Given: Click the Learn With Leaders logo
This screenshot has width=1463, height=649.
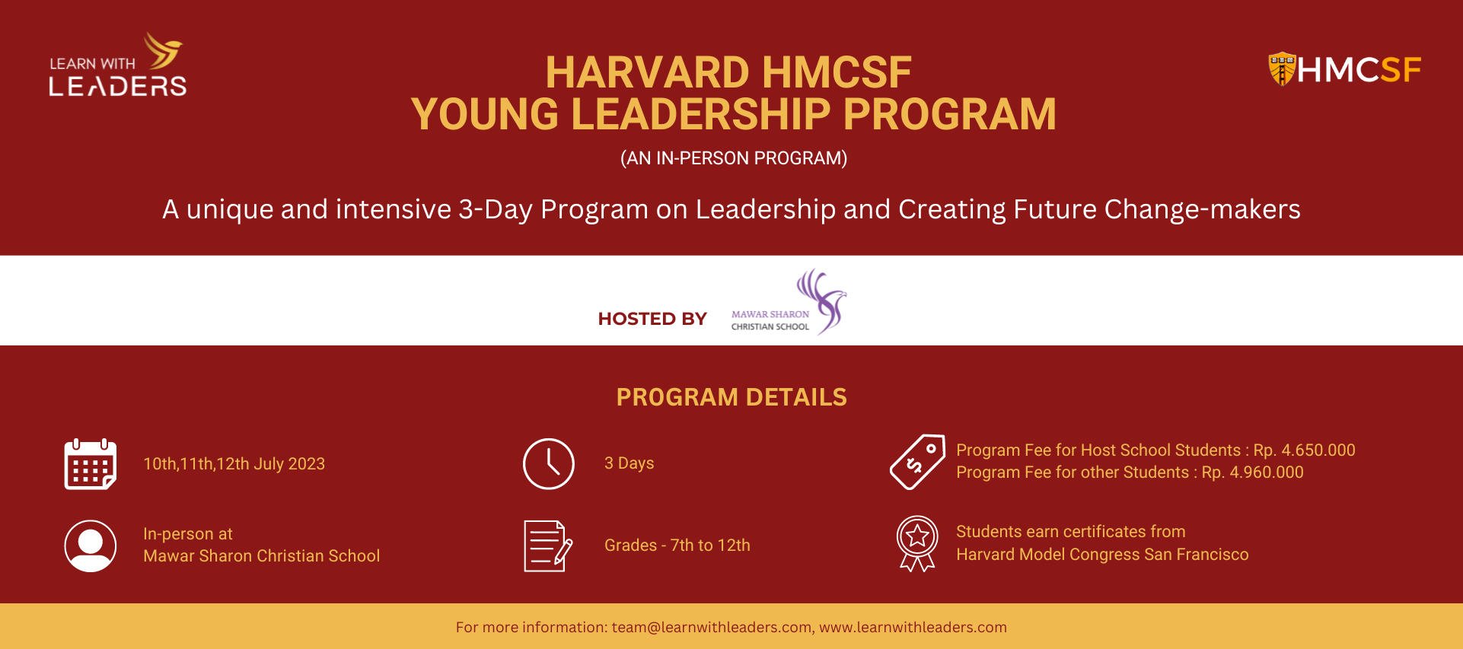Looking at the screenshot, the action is point(118,65).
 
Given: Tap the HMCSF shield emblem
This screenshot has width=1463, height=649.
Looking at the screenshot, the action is point(1282,69).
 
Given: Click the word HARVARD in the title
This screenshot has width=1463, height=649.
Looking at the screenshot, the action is point(648,72).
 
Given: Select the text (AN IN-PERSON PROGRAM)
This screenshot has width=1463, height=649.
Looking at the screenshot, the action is point(734,158).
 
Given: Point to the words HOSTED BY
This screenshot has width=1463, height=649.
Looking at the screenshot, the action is point(652,319).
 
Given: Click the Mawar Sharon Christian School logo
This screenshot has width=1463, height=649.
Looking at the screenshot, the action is point(789,302).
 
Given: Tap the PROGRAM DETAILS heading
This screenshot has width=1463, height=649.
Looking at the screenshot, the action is point(731,397).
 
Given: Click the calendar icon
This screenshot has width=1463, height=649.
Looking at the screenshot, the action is point(91,464).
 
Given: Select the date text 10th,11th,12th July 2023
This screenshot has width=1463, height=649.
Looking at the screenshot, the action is point(234,464).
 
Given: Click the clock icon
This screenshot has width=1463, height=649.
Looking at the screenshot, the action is point(549,464).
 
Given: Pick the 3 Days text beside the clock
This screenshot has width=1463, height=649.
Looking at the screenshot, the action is point(630,463).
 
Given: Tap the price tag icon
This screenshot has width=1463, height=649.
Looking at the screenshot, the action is point(918,462).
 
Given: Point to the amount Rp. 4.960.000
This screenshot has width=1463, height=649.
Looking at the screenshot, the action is point(1253,472).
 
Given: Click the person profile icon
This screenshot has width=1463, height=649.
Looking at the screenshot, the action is point(91,546).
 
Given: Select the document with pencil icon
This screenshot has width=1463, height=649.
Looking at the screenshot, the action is point(548,546).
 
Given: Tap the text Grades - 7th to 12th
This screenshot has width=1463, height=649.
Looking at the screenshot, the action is point(677,546).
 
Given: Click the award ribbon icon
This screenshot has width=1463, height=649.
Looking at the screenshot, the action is point(917,543).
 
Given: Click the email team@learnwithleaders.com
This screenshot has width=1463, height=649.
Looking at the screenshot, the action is point(712,628).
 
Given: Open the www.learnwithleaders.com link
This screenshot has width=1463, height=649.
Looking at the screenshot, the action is point(913,628).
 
